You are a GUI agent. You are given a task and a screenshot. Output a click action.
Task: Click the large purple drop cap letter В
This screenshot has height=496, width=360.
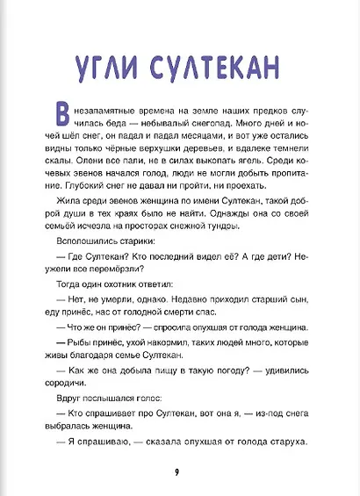[x=62, y=117]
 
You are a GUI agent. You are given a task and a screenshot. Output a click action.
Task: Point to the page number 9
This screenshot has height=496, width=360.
[x=178, y=474]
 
